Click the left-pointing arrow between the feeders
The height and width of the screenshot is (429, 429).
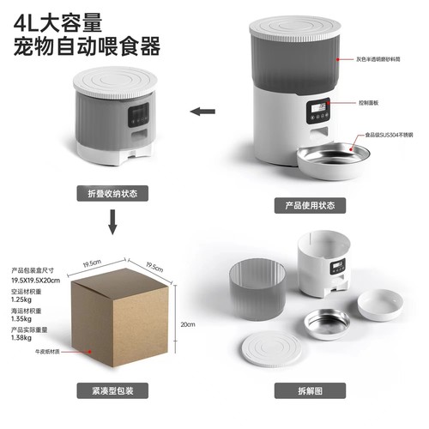(x=202, y=111)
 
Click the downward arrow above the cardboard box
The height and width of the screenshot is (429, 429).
(x=112, y=226)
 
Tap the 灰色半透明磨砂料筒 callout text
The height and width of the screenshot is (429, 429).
(x=390, y=61)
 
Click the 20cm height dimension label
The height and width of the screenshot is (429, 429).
(x=189, y=324)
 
